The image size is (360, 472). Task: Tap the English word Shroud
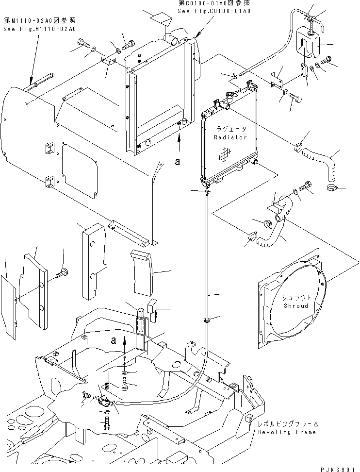tap(295, 306)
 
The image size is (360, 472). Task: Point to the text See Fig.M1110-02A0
tap(40, 30)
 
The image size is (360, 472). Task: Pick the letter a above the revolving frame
tap(114, 340)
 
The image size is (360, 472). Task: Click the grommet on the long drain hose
tap(207, 320)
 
